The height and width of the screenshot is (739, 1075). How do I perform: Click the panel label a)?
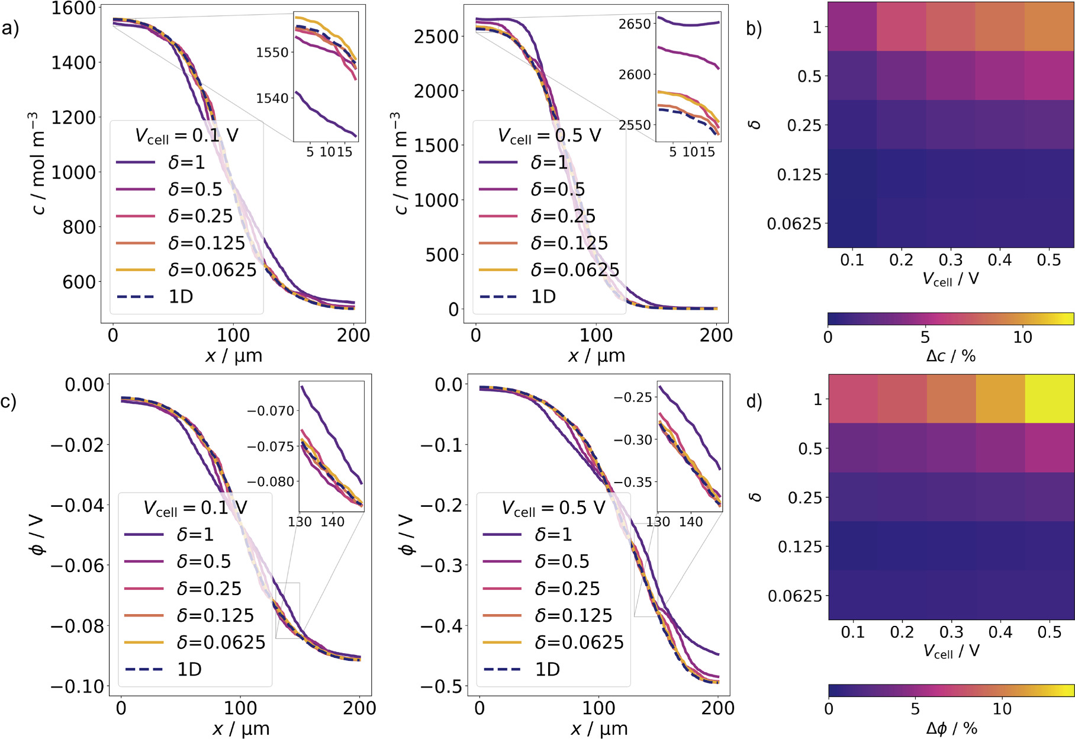pos(10,28)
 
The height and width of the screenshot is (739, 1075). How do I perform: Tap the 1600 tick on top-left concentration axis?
pos(73,8)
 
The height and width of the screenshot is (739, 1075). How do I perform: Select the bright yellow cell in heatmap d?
pos(1049,399)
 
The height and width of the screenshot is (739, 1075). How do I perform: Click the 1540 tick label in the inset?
pos(272,98)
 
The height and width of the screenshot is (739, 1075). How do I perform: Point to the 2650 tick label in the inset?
pos(635,24)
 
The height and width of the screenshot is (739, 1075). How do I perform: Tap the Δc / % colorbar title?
pos(951,356)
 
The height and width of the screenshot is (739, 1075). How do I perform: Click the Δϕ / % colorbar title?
pos(951,728)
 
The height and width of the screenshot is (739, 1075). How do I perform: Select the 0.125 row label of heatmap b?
pos(799,175)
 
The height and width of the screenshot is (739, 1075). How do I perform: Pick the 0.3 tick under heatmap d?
pos(951,632)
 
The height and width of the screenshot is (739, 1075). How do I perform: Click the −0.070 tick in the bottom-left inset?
pos(271,410)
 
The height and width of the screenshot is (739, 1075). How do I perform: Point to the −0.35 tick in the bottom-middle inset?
pos(633,482)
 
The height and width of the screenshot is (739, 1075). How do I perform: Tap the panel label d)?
pos(754,401)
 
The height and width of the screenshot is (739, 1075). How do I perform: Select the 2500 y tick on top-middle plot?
pos(436,37)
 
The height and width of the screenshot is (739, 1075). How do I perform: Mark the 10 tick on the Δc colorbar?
pos(1022,337)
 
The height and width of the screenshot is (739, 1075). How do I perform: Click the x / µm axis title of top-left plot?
pos(233,356)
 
